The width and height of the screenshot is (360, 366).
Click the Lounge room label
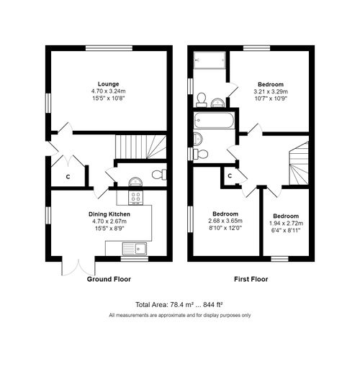pyautogui.click(x=109, y=83)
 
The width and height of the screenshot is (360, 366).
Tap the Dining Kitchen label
pyautogui.click(x=109, y=214)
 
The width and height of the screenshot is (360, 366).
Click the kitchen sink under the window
pyautogui.click(x=133, y=250)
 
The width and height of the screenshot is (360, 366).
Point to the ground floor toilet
pyautogui.click(x=161, y=174)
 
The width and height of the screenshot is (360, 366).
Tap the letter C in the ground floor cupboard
pyautogui.click(x=68, y=176)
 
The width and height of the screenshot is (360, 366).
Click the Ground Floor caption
pyautogui.click(x=110, y=278)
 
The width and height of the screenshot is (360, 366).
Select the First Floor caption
pyautogui.click(x=251, y=278)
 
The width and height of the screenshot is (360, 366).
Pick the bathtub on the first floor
pyautogui.click(x=214, y=120)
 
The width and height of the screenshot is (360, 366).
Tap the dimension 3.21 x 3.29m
pyautogui.click(x=270, y=92)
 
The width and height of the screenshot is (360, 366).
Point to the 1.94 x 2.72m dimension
pyautogui.click(x=286, y=224)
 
